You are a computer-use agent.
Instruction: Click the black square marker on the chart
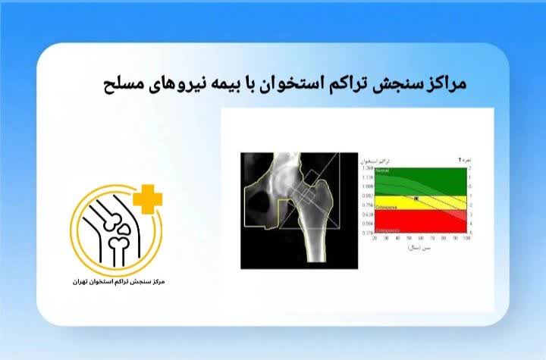pos(416,198)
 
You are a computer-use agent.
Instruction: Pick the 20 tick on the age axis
pos(373,238)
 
